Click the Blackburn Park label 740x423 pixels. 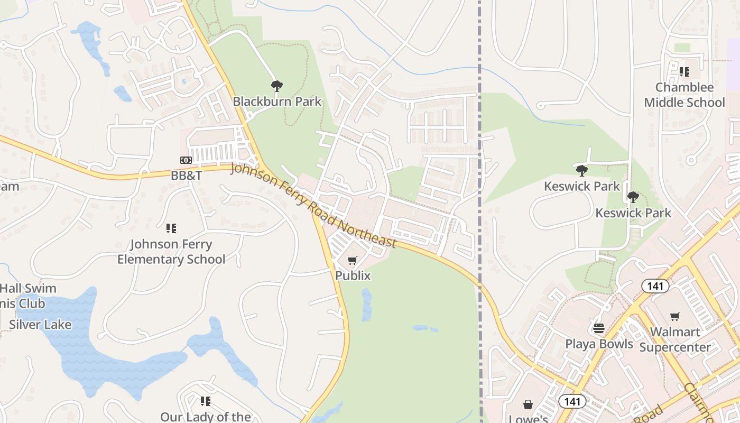277,102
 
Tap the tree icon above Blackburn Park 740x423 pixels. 276,86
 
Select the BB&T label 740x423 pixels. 186,176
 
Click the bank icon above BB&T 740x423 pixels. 186,160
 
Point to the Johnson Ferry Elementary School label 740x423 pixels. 171,252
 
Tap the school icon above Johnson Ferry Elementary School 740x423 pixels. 171,228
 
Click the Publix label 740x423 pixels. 353,275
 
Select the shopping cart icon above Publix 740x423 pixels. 353,260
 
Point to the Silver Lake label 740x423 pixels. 40,324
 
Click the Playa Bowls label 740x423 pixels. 599,344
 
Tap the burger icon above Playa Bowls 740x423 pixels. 598,328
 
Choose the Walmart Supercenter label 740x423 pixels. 675,339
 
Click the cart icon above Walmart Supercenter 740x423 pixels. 675,317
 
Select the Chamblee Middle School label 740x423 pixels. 684,95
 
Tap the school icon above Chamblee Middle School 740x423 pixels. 684,72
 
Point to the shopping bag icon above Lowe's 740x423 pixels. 528,405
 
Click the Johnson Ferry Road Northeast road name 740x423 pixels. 313,205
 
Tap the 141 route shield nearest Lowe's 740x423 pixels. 572,401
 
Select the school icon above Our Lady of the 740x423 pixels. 205,401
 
